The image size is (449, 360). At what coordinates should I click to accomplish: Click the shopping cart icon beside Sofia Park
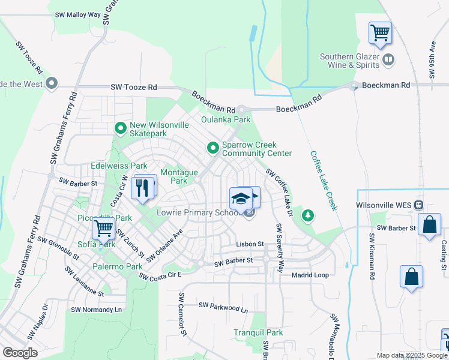tap(104, 228)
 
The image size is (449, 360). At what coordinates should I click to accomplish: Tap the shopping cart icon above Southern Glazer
tap(380, 32)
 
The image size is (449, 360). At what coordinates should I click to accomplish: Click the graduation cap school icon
tap(241, 198)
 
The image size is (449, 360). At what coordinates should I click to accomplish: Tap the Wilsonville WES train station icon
tap(419, 205)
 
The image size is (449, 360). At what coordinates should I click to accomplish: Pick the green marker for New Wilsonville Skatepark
tap(121, 128)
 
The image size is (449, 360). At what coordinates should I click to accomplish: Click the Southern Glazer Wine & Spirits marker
tap(388, 59)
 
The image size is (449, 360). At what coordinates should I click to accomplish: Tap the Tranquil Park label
tap(258, 332)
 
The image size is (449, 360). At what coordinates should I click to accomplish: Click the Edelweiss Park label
tap(119, 166)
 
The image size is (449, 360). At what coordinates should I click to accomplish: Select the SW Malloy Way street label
tap(79, 14)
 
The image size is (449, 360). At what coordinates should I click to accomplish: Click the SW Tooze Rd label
tap(133, 88)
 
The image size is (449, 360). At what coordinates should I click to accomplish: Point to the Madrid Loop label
tap(310, 275)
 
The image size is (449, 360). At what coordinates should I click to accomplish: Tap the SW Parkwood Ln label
tap(223, 307)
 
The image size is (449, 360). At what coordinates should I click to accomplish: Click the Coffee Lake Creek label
tap(324, 180)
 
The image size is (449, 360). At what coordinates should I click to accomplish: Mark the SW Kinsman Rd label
tap(372, 250)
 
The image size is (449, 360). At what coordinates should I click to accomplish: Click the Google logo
tap(20, 352)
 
